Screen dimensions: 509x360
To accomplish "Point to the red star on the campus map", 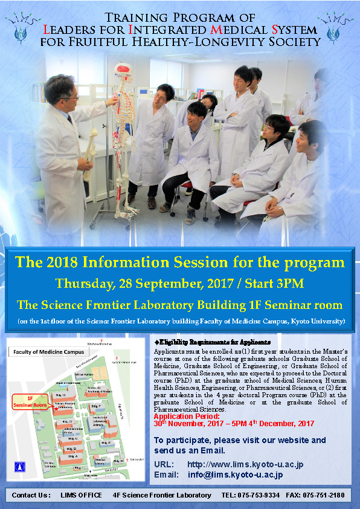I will [x=56, y=409].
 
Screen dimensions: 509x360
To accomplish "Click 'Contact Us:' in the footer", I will [x=31, y=496].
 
